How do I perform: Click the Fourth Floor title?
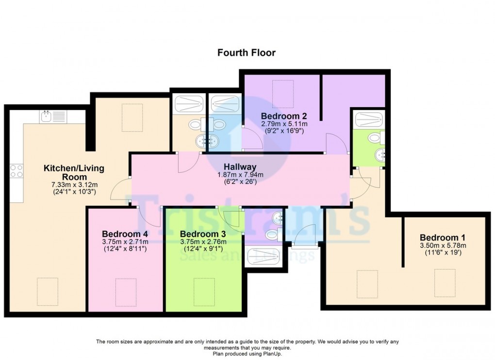(x=246, y=52)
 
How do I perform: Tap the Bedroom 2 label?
(x=284, y=116)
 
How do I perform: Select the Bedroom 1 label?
(x=443, y=238)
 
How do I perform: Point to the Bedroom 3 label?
(x=203, y=234)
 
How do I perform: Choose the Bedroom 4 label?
(x=125, y=234)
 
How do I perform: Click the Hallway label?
(x=240, y=167)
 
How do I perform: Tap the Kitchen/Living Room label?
(x=74, y=172)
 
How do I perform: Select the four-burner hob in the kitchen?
(x=16, y=171)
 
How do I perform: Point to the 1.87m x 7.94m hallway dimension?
(x=240, y=175)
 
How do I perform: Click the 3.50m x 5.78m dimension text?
(x=443, y=245)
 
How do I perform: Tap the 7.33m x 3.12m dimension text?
(x=75, y=184)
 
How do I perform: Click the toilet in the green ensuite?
(x=377, y=138)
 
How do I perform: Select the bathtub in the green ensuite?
(x=369, y=119)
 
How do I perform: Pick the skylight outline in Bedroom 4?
(x=126, y=292)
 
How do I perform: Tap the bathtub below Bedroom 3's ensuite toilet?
(x=263, y=257)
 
